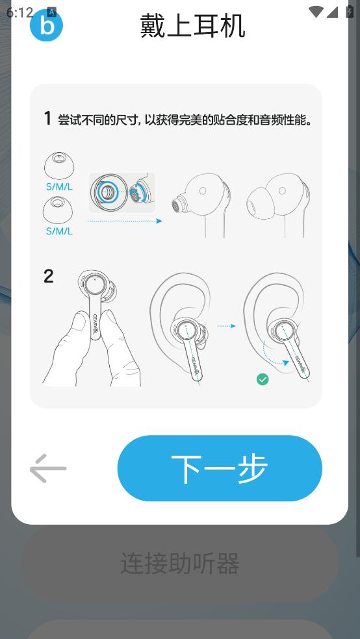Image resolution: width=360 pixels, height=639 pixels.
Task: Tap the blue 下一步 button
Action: tap(220, 468)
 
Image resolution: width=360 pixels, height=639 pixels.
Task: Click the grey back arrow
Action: tap(48, 468)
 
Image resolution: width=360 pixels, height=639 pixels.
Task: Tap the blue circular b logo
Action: tap(47, 25)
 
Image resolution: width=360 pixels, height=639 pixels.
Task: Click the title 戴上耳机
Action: tap(192, 25)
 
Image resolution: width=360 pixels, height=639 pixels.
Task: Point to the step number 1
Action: tap(48, 119)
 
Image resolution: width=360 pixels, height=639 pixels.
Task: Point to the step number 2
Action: tap(49, 277)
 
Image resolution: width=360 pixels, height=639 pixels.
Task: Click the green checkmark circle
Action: tap(263, 380)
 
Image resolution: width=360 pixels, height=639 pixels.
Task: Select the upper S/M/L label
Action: tap(60, 188)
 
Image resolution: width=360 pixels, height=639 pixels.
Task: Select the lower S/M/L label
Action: tap(60, 231)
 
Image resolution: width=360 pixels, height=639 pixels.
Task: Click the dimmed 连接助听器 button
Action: tap(180, 564)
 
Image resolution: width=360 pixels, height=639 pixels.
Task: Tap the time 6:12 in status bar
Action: tap(19, 12)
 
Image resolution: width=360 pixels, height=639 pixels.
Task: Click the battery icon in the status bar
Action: tap(350, 12)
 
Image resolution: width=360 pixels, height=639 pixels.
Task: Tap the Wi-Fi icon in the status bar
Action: tap(316, 12)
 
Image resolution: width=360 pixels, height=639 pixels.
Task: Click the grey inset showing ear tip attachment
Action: tap(122, 193)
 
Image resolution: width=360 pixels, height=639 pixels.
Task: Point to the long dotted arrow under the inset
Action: tap(125, 221)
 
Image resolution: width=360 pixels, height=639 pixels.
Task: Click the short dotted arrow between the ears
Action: tap(227, 326)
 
